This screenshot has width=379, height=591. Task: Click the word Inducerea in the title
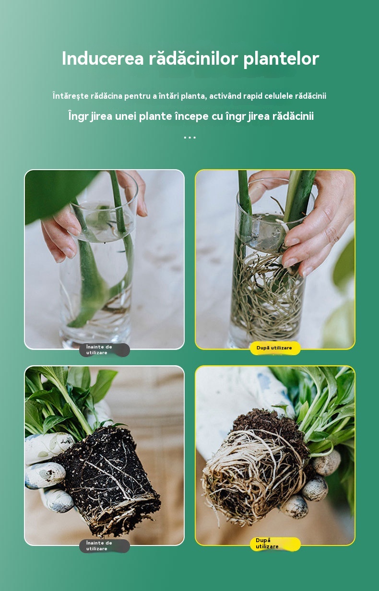(103, 58)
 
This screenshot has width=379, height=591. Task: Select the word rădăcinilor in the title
(193, 58)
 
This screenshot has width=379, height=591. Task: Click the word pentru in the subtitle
(138, 96)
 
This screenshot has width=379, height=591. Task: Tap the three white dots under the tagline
(189, 137)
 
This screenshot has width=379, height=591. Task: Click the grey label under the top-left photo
(104, 350)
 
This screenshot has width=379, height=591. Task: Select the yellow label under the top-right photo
(275, 348)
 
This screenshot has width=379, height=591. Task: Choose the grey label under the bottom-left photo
(104, 546)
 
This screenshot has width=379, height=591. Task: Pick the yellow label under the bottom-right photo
(275, 544)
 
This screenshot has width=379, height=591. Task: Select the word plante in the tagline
(155, 116)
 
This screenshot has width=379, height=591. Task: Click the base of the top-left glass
(95, 342)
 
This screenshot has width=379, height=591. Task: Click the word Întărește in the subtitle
(70, 96)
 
